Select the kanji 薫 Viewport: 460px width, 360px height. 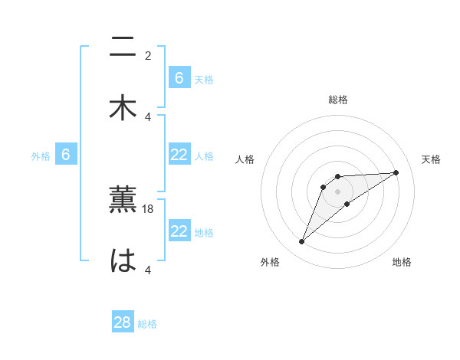click(123, 200)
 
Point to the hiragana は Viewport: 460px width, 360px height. click(123, 260)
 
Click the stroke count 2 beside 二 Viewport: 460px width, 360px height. click(148, 55)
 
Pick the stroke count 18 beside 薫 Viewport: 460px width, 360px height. click(148, 208)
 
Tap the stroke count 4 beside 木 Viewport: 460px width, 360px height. click(148, 116)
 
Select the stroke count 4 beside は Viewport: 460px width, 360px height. click(148, 270)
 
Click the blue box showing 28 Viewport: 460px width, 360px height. click(123, 322)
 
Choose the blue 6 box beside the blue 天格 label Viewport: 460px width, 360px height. click(179, 78)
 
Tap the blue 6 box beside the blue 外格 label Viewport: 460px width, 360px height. click(66, 155)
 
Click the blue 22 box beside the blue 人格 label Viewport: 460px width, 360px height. click(179, 155)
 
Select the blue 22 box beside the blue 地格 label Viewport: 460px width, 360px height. click(179, 231)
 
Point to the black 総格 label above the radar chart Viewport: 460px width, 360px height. click(338, 100)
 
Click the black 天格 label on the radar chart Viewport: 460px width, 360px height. click(431, 159)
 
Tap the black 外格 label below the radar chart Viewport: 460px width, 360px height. click(269, 262)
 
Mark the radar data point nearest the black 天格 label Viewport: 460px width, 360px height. click(396, 172)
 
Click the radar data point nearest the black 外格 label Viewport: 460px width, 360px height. click(301, 242)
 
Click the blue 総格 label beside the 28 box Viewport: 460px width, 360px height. click(147, 324)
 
